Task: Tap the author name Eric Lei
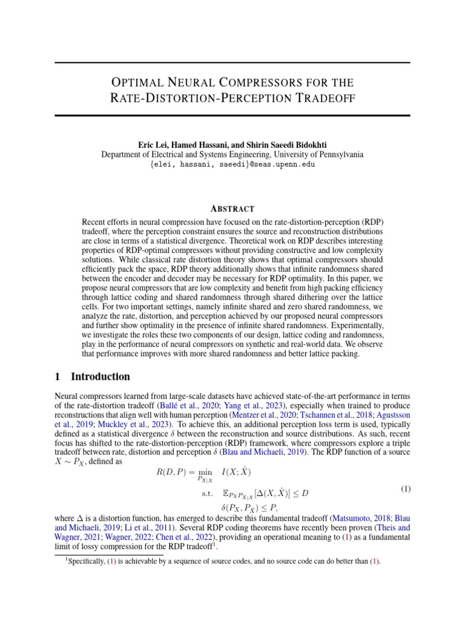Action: (x=154, y=145)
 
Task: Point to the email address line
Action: (x=232, y=164)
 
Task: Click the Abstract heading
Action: (x=232, y=208)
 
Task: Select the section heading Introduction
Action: (x=100, y=377)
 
